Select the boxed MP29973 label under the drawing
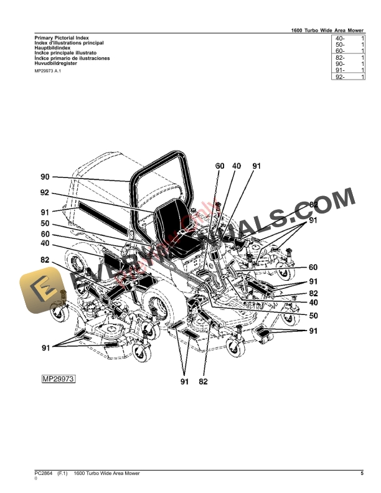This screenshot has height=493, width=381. pos(58,378)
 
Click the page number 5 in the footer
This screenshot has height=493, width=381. pos(362,474)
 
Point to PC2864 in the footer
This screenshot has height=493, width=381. pos(44,474)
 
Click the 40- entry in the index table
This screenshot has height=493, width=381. pos(340,39)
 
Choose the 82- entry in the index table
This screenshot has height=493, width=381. pos(340,58)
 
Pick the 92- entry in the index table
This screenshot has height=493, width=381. pos(340,77)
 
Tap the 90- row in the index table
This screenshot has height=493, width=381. pos(340,64)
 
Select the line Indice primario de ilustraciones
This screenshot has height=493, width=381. pos(72,58)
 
